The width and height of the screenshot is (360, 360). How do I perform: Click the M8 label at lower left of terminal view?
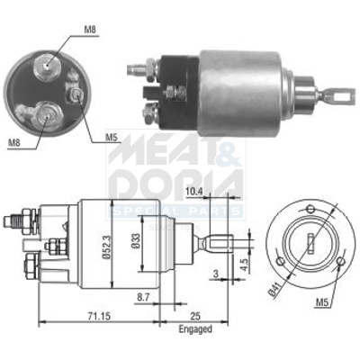pos(14,142)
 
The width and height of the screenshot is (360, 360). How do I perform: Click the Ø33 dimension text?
pos(136,247)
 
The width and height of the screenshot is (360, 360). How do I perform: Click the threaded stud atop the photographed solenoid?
pos(139,67)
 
